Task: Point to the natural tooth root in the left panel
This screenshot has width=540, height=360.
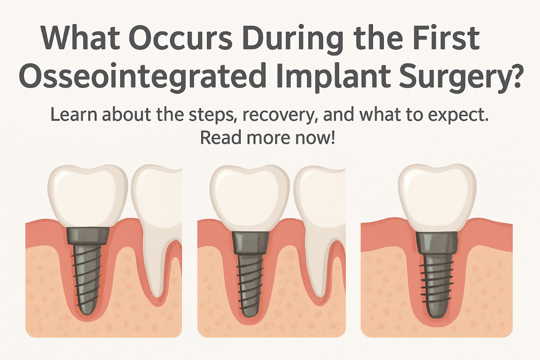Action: pos(155,261)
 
